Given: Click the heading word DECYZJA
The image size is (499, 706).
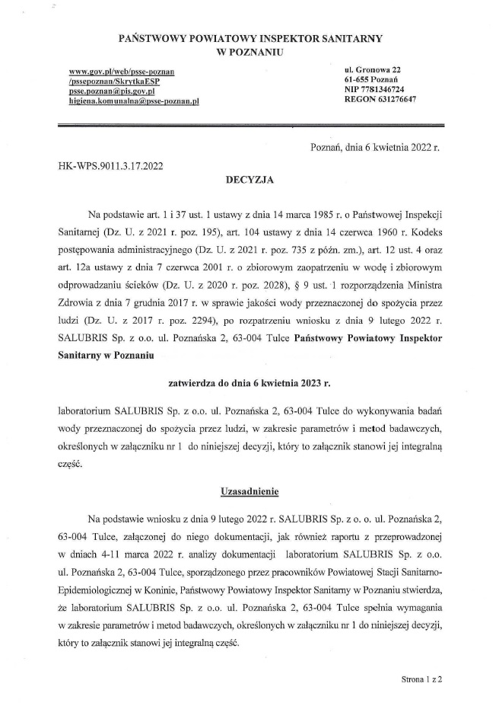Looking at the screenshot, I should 249,181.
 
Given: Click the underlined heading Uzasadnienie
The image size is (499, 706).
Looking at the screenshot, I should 249,492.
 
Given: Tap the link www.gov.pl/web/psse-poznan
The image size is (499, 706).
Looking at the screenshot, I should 122,72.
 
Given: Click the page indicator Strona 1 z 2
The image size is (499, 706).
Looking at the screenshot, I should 422,676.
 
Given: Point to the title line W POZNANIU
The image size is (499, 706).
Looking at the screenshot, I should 249,51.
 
